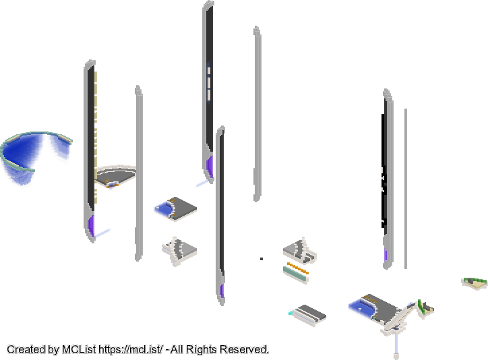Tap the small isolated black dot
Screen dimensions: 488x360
click(x=262, y=259)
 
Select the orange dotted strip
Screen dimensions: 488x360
click(x=297, y=268)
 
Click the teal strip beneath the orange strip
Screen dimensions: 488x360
click(x=295, y=275)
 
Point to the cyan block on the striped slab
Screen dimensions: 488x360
click(x=291, y=313)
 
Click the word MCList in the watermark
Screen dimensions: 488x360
click(x=79, y=349)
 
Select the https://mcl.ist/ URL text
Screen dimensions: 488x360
click(x=130, y=349)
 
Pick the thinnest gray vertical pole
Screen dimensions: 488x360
click(x=406, y=189)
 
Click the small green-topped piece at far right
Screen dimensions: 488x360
click(x=475, y=282)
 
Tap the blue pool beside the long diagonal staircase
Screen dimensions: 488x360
click(x=361, y=307)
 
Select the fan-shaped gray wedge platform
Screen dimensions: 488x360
click(x=116, y=175)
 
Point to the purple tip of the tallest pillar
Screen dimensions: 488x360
click(x=210, y=167)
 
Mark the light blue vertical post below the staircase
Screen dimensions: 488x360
click(x=396, y=344)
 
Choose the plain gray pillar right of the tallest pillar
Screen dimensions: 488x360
click(x=257, y=114)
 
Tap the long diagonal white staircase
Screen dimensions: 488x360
click(x=399, y=318)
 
